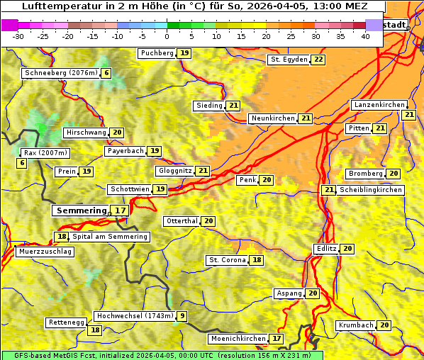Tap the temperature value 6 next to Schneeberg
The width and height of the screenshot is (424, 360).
(106, 73)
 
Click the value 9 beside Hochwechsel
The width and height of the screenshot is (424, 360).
(182, 316)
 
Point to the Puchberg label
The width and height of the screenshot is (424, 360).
(156, 53)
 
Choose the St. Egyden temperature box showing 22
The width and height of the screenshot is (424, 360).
(318, 60)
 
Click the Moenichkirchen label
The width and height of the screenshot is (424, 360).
(238, 339)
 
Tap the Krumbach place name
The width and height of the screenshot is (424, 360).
(355, 325)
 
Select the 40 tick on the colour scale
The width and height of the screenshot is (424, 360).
(365, 36)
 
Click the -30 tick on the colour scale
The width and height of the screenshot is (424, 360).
(18, 36)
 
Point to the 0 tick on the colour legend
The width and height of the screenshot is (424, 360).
(167, 36)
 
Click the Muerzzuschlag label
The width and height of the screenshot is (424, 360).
(44, 252)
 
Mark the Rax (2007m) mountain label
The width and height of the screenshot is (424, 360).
(45, 153)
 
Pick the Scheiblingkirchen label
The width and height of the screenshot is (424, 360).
(371, 190)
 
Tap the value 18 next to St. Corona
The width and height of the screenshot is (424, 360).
(257, 260)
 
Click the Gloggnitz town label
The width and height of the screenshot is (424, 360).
(173, 171)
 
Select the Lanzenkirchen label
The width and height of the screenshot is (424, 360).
(379, 105)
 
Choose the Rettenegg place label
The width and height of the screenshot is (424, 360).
(66, 322)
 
